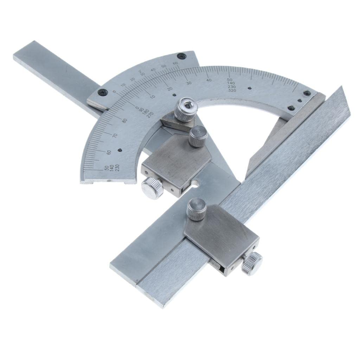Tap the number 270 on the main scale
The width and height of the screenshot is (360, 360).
[150, 113]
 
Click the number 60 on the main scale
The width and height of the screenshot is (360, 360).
[109, 152]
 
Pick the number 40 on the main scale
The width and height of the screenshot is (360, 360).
[209, 81]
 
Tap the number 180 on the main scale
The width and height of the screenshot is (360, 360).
[146, 111]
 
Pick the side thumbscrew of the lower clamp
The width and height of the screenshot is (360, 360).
[252, 263]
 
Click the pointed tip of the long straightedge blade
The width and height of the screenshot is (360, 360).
[341, 87]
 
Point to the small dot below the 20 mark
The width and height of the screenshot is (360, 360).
[175, 95]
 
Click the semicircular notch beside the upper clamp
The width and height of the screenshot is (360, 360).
[195, 183]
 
